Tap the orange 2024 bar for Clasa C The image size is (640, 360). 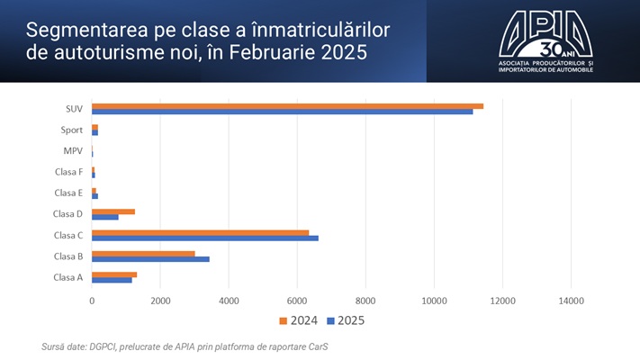pyautogui.click(x=200, y=232)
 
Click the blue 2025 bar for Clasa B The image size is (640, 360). pyautogui.click(x=150, y=259)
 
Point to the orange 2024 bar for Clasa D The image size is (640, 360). pyautogui.click(x=113, y=211)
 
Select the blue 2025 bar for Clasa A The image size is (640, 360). pyautogui.click(x=112, y=280)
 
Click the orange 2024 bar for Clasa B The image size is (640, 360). pyautogui.click(x=143, y=253)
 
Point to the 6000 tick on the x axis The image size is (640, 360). pyautogui.click(x=297, y=301)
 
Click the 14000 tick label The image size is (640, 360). pyautogui.click(x=571, y=301)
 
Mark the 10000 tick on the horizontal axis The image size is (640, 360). pyautogui.click(x=434, y=301)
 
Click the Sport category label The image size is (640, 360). pyautogui.click(x=73, y=130)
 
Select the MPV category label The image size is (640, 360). pyautogui.click(x=73, y=150)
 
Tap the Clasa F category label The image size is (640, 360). pyautogui.click(x=68, y=171)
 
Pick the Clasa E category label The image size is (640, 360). pyautogui.click(x=68, y=193)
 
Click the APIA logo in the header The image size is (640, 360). pyautogui.click(x=545, y=41)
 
